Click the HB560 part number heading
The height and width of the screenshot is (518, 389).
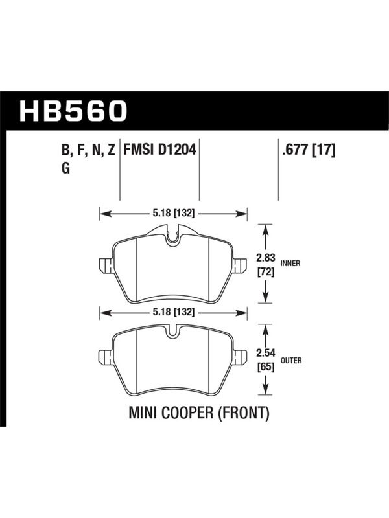(x=73, y=111)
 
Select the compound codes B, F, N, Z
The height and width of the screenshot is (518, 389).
(x=88, y=150)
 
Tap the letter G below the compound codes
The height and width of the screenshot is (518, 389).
(x=66, y=168)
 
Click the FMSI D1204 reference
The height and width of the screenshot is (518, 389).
(x=159, y=150)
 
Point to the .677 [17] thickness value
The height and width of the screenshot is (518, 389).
(x=308, y=150)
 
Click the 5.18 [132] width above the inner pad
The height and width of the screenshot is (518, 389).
(x=173, y=214)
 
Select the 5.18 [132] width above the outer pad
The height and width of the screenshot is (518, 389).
(x=173, y=312)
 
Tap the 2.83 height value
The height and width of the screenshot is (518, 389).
(x=266, y=258)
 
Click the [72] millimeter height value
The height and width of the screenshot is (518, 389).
(x=266, y=273)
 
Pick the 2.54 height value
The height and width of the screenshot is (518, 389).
(x=266, y=353)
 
